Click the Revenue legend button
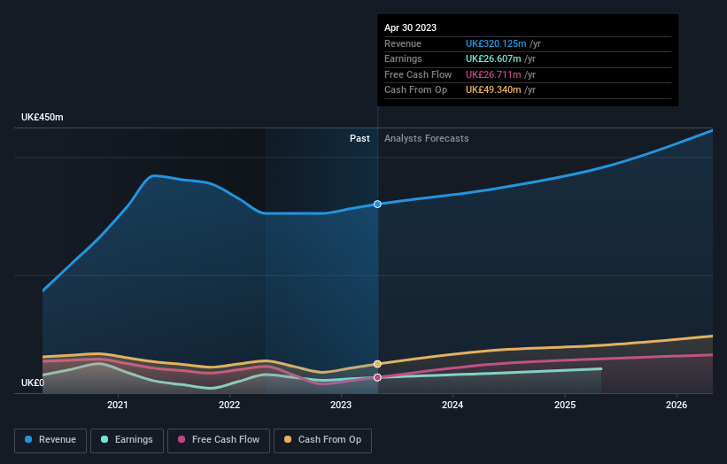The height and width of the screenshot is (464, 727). (50, 439)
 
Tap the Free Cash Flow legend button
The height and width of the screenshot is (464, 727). (219, 439)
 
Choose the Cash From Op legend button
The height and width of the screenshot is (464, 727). (323, 439)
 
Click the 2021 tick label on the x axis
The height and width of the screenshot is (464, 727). (118, 406)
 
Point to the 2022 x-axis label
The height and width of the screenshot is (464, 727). (229, 406)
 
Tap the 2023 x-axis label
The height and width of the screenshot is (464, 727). (341, 406)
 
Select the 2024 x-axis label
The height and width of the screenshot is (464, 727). (452, 406)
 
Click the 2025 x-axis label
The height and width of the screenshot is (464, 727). (565, 406)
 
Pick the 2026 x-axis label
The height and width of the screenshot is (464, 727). (677, 406)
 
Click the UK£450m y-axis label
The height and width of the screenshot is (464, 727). (43, 118)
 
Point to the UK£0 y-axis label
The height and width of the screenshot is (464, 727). (32, 383)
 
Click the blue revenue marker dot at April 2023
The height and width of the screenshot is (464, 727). (377, 205)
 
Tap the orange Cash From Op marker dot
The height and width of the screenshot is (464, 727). (377, 364)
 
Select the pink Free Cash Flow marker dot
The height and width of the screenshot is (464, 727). (377, 377)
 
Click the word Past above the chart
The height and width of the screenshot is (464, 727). (360, 138)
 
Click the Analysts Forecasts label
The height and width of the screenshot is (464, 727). (426, 138)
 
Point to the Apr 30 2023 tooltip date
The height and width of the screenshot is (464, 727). (410, 28)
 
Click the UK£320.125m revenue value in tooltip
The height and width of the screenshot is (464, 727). (496, 44)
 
